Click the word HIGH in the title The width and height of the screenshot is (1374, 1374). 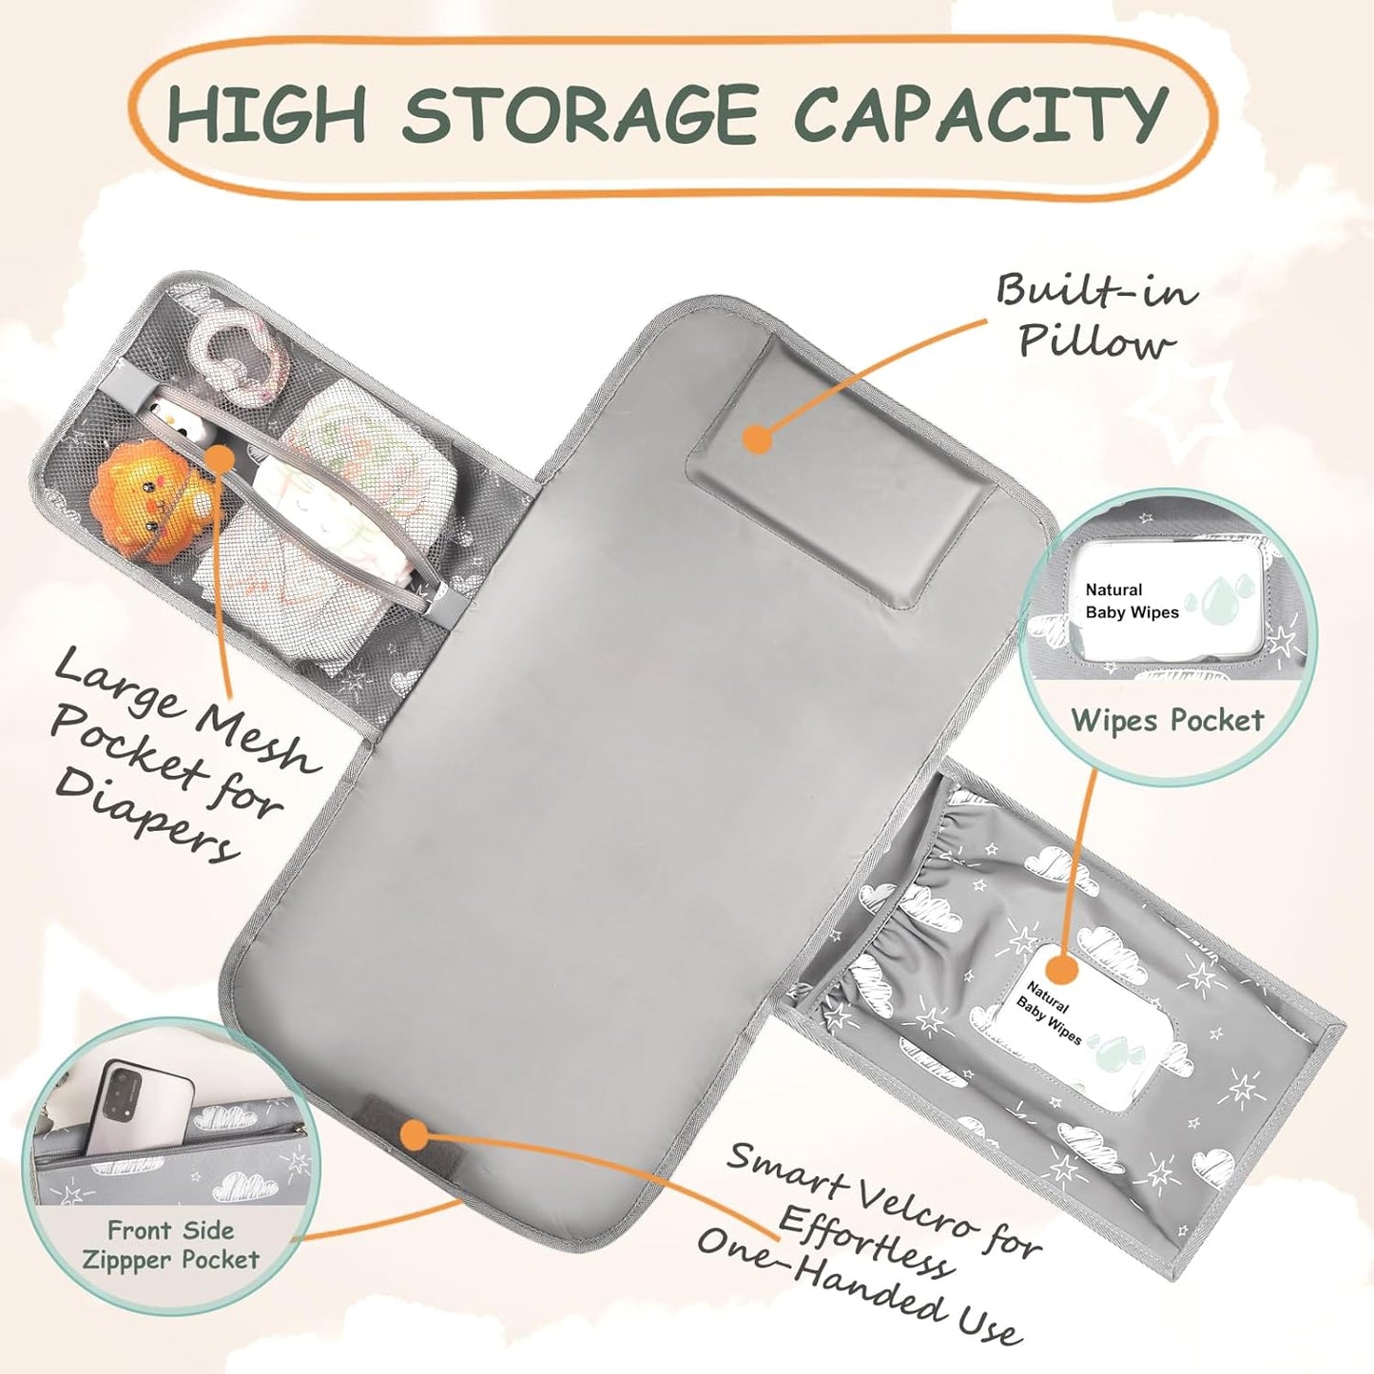tap(268, 112)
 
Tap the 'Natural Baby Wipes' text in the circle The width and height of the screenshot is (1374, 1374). tap(1132, 600)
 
